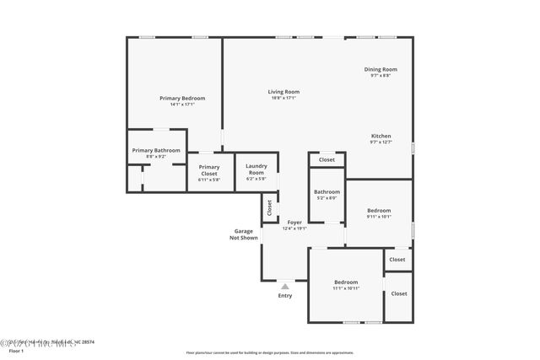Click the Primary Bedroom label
[182, 98]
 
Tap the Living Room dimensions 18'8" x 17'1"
[283, 98]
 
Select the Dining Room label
[381, 69]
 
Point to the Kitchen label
[381, 136]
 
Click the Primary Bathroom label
[156, 150]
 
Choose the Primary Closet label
[209, 169]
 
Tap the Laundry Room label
[256, 169]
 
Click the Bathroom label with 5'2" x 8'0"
[327, 191]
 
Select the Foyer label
[294, 222]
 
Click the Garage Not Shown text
[244, 234]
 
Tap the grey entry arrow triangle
[284, 287]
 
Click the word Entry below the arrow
[284, 296]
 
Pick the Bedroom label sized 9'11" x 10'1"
[379, 210]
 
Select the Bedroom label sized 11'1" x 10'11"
[346, 282]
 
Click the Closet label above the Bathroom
[327, 159]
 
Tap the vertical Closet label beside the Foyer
[269, 207]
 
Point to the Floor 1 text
[17, 351]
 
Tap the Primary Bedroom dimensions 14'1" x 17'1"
[182, 105]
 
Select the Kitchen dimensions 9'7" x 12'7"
[381, 142]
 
